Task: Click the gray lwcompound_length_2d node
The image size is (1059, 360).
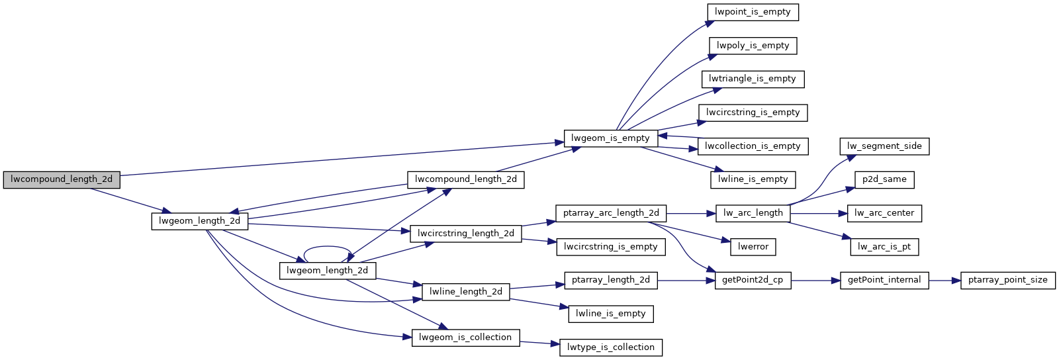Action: pyautogui.click(x=62, y=179)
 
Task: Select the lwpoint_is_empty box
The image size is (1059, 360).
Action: pyautogui.click(x=753, y=12)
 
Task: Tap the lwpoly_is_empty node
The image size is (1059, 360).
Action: pyautogui.click(x=753, y=46)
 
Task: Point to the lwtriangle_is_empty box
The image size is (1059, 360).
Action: pyautogui.click(x=753, y=79)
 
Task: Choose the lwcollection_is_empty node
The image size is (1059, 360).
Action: pyautogui.click(x=753, y=146)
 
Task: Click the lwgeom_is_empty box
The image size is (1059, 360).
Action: pyautogui.click(x=610, y=138)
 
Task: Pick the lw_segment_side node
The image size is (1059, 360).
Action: pyautogui.click(x=884, y=146)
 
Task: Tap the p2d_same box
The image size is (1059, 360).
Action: pyautogui.click(x=884, y=179)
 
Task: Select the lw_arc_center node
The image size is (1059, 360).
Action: pyautogui.click(x=884, y=213)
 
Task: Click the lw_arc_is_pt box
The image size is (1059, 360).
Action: pyautogui.click(x=884, y=247)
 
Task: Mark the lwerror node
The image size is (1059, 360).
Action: pyautogui.click(x=753, y=247)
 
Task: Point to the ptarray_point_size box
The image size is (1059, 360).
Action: pyautogui.click(x=1007, y=280)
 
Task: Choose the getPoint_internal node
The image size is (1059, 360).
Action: pyautogui.click(x=884, y=280)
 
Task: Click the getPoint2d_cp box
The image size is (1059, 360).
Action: pyautogui.click(x=753, y=280)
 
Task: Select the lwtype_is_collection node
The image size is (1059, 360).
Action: pyautogui.click(x=610, y=347)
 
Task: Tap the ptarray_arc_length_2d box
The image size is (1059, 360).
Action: pyautogui.click(x=610, y=213)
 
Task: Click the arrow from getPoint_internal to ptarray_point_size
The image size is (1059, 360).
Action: pyautogui.click(x=944, y=281)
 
